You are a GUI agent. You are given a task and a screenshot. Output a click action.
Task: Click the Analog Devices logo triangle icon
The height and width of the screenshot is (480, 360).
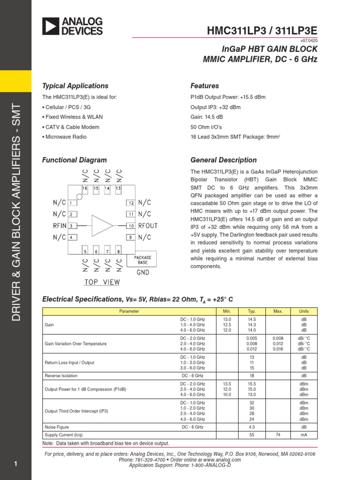point(51,26)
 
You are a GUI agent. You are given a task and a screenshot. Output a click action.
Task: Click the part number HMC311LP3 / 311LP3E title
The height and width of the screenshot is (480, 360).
point(262,31)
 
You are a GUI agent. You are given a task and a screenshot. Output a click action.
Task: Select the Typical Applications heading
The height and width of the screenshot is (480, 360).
point(75,86)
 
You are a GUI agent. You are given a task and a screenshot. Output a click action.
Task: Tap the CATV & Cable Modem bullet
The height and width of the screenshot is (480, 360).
point(72,127)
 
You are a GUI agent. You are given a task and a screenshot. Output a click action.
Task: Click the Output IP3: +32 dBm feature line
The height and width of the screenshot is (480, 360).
point(215,107)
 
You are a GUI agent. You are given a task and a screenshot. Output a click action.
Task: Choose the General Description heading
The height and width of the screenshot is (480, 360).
point(224,160)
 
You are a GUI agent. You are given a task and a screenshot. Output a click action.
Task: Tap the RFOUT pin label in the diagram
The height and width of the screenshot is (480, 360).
point(148,225)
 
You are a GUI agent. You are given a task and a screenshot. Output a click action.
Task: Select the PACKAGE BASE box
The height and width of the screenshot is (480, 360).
point(142,259)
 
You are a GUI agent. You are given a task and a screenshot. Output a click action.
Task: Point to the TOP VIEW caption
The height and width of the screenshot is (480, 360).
point(102,282)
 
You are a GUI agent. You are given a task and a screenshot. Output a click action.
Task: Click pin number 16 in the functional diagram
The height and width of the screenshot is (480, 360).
point(85,188)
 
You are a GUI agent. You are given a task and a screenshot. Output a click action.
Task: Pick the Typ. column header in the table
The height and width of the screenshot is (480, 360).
point(251,311)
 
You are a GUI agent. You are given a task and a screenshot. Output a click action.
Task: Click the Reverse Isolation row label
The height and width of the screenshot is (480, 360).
point(61,375)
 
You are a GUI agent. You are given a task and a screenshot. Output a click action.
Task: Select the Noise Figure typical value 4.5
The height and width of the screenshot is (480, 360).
point(251,427)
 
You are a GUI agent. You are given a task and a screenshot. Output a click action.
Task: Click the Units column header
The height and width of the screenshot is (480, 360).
point(304,311)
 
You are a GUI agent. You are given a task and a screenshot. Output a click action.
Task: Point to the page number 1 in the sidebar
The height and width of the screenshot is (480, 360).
point(15,464)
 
